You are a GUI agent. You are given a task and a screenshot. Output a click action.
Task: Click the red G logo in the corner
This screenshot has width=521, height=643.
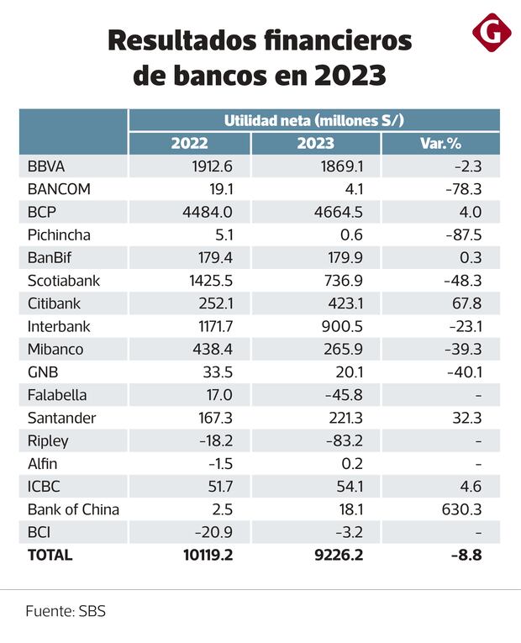click(492, 33)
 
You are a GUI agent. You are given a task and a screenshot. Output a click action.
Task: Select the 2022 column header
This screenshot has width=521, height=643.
click(189, 143)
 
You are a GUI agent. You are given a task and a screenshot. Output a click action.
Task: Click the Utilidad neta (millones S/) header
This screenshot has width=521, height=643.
click(314, 120)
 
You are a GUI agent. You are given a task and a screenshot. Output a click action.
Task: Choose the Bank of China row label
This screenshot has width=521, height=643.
click(73, 509)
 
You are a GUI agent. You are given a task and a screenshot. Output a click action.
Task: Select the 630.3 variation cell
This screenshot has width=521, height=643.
click(462, 509)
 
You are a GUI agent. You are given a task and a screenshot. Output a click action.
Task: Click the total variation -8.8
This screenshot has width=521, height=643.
click(466, 555)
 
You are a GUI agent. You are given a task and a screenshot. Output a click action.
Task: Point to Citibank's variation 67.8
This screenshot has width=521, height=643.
click(466, 303)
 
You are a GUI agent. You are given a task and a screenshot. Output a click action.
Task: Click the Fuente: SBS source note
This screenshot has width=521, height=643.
click(66, 611)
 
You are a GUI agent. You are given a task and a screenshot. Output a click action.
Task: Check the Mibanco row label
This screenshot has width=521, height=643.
click(55, 349)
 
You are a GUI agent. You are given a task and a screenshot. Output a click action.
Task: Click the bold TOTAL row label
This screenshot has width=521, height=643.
click(50, 555)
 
